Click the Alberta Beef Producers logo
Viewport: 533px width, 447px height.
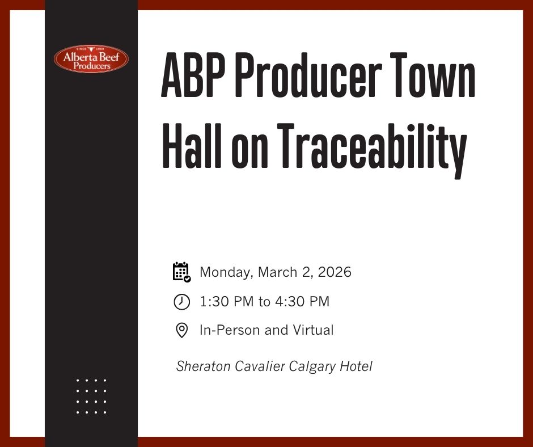[91, 59]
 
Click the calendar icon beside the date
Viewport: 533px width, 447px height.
[181, 272]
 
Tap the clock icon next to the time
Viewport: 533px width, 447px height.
[181, 302]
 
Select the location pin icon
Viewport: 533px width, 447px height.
[181, 330]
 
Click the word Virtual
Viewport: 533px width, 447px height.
[313, 330]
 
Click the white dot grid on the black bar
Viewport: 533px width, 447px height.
[91, 396]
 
